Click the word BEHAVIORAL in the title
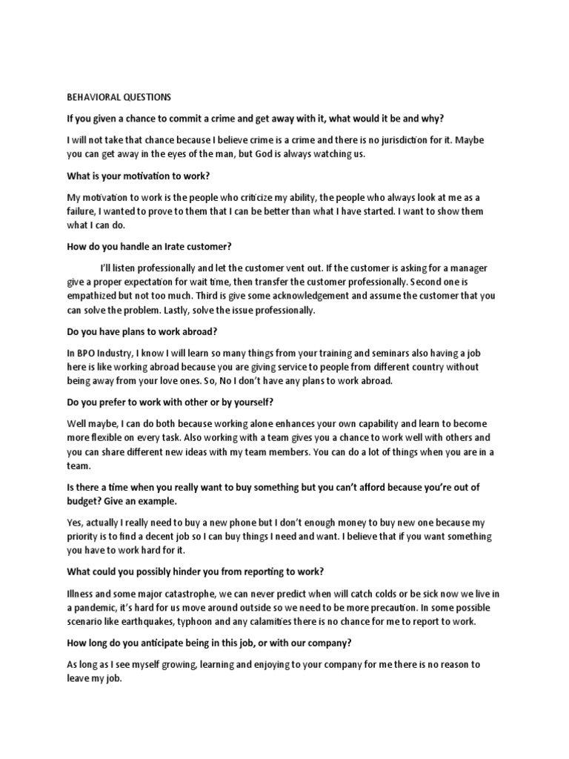93,96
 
